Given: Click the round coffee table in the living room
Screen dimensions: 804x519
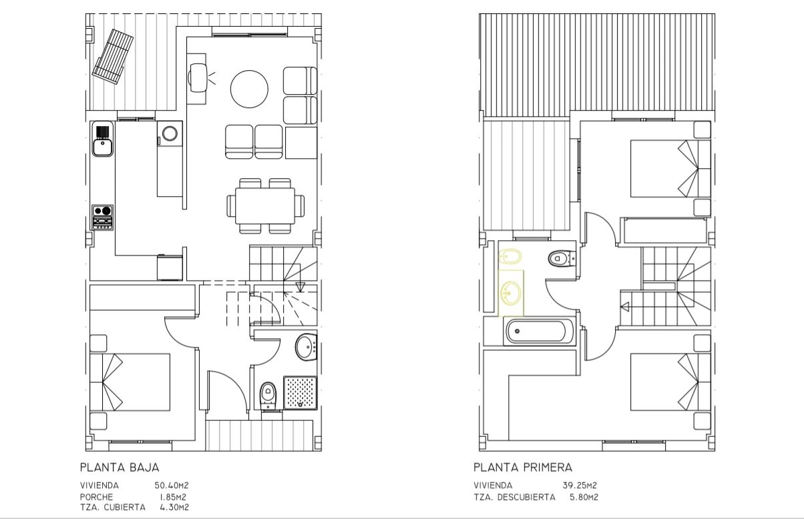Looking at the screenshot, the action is [249, 89].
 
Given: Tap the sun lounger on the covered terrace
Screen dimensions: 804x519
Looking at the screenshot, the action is [113, 57].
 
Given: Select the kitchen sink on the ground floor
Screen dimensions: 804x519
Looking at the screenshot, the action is [103, 139].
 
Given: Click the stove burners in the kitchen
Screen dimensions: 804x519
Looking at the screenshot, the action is [103, 217].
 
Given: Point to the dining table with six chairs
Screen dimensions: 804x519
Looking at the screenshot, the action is [266, 206].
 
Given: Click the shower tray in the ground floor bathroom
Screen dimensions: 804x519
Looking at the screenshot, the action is [300, 393].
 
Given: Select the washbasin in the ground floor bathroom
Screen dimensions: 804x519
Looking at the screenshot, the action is [306, 347].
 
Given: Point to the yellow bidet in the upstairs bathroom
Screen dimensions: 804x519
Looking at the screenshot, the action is [510, 256].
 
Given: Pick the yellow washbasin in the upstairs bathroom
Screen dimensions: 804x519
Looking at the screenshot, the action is [511, 294].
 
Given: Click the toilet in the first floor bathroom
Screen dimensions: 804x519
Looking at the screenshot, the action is [562, 258].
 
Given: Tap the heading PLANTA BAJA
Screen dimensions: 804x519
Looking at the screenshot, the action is [120, 468].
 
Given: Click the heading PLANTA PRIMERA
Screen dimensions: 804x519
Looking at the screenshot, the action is [523, 468].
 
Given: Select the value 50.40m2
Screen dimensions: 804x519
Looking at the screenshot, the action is [172, 486].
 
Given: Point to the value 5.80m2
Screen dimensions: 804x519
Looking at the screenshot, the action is [584, 498].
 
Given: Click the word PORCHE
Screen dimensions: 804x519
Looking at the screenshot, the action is [96, 497].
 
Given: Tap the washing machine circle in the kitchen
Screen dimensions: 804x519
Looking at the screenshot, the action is [170, 133].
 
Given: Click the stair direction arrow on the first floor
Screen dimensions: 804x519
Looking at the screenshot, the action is [625, 307].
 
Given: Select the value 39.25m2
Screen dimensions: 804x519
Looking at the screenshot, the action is [580, 486].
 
